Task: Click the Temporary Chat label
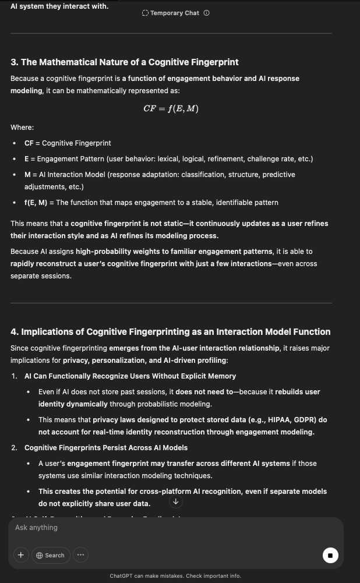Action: point(174,13)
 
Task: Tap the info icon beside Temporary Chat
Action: point(207,13)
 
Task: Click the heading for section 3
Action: point(125,62)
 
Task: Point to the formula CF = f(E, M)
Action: point(171,108)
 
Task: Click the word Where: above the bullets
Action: point(22,128)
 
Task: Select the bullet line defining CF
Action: point(68,143)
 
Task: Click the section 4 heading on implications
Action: point(170,332)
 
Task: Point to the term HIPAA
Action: point(276,420)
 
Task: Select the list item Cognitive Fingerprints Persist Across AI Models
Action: point(106,448)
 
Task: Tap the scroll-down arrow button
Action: point(175,501)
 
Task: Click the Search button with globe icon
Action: point(51,555)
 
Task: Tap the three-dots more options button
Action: point(80,555)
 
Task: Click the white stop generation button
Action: point(330,555)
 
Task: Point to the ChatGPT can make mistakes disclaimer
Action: point(175,576)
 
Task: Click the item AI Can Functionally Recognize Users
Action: point(130,376)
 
